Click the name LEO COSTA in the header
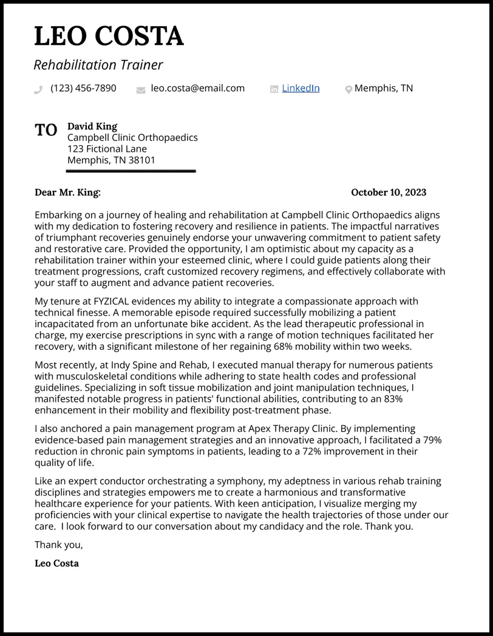pos(109,36)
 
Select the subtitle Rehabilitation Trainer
pos(98,64)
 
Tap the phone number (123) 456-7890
pos(83,88)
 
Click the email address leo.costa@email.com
pos(197,88)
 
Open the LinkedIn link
pos(301,88)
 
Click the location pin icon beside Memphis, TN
pos(348,89)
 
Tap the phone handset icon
pos(38,89)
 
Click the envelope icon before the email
pos(141,89)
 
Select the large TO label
pos(46,130)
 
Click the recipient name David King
pos(92,126)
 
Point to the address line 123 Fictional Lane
pos(107,149)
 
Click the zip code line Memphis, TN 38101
pos(111,160)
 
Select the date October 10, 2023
pos(389,193)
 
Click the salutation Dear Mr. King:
pos(67,193)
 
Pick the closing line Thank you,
pos(58,544)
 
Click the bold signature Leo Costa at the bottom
pos(56,563)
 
